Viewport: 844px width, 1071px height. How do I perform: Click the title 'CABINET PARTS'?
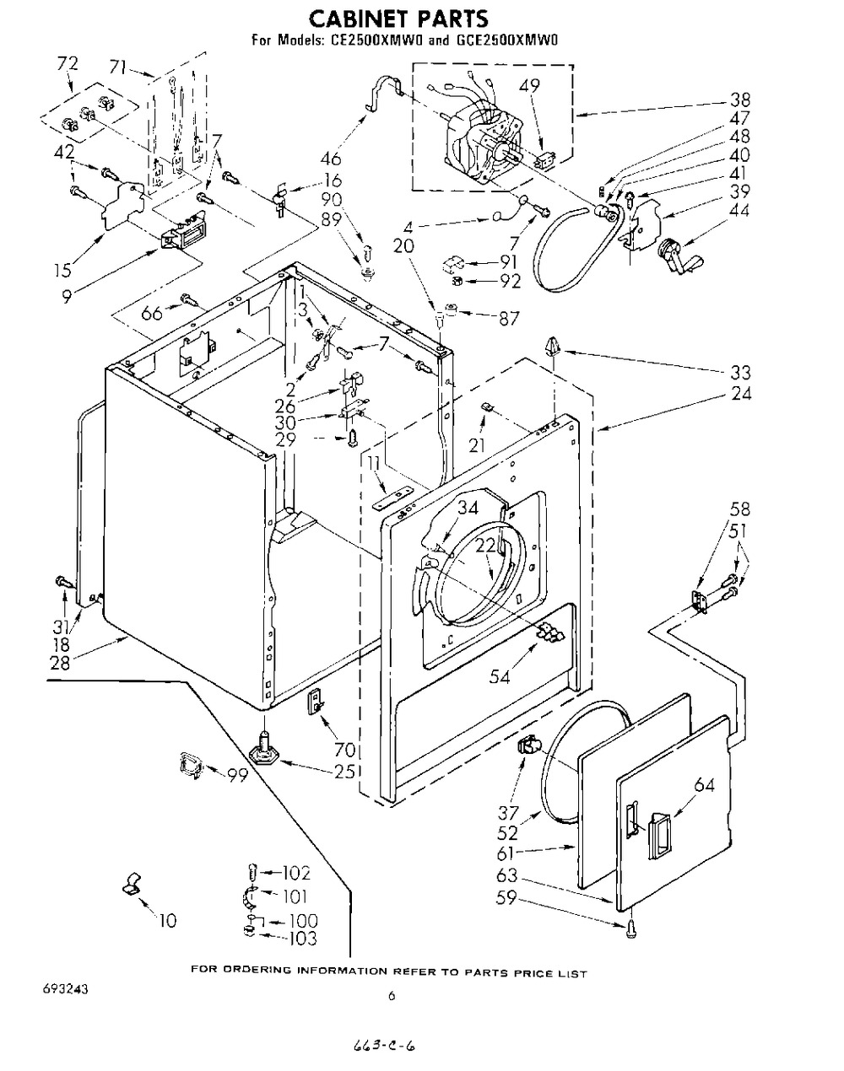[399, 19]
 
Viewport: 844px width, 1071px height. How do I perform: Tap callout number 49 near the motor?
[528, 86]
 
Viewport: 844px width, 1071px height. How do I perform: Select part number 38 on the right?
[740, 100]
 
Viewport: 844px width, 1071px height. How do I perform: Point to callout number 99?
[237, 775]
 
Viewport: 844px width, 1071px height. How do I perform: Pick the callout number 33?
[740, 372]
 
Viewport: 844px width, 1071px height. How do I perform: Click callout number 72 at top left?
[68, 64]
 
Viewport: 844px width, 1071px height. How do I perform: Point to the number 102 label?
[296, 873]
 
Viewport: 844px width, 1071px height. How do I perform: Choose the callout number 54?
[499, 677]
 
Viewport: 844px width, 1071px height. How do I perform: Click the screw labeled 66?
[189, 299]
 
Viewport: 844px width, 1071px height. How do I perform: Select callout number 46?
[332, 159]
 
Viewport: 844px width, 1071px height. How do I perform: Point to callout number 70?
[344, 749]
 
